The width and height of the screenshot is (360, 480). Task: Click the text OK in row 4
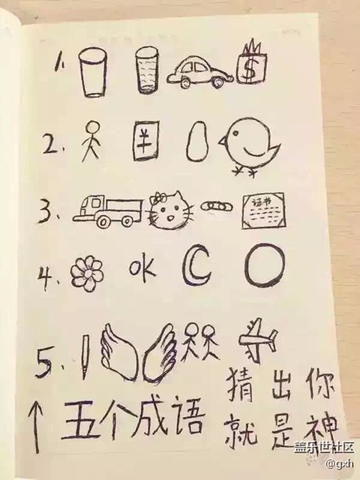click(x=140, y=270)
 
